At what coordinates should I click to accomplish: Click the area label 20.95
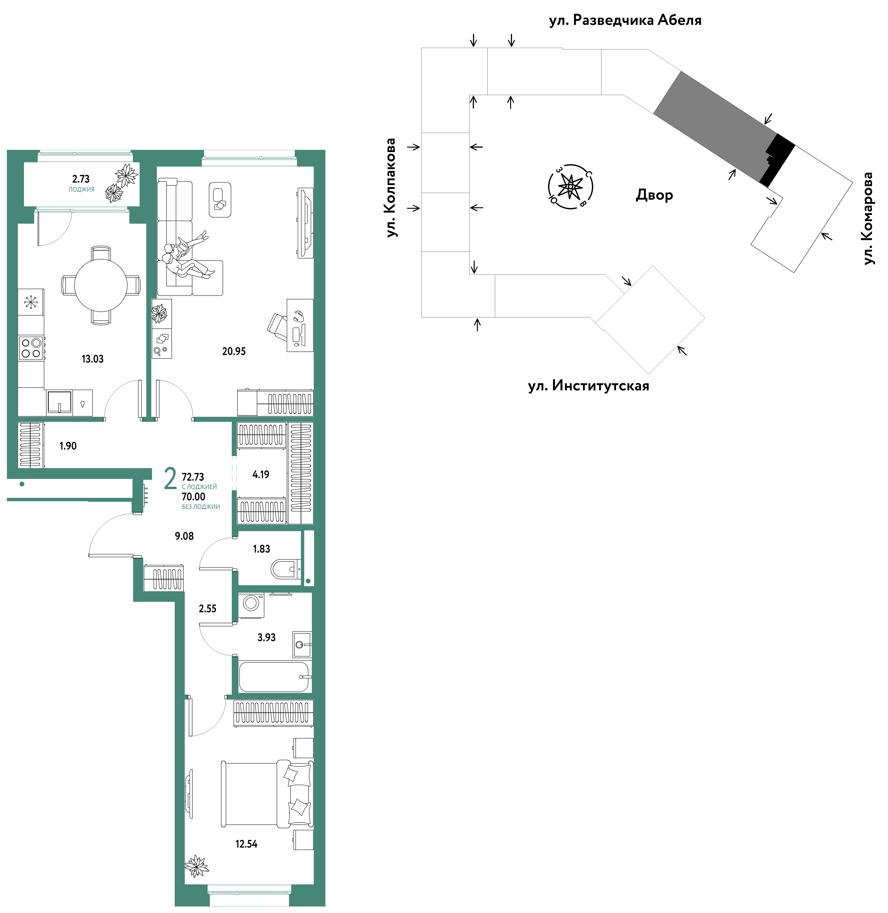click(234, 351)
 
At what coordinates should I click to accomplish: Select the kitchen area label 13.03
click(92, 359)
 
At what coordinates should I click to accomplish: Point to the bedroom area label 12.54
click(246, 844)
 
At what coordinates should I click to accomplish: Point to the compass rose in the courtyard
click(570, 187)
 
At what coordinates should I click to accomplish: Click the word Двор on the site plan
click(654, 195)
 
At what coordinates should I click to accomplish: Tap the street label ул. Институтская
click(589, 386)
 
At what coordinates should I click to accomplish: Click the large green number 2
click(170, 479)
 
